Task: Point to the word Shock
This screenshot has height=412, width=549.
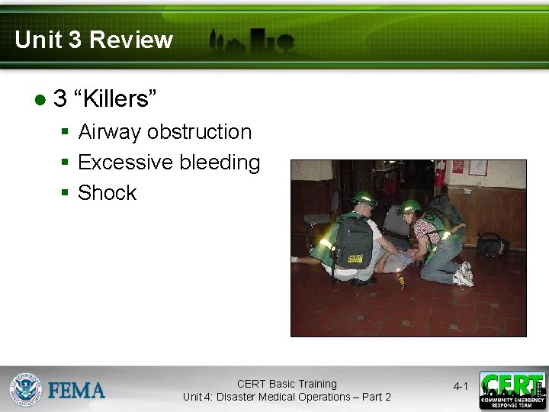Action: (x=107, y=193)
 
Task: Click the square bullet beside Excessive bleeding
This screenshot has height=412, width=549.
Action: (x=66, y=163)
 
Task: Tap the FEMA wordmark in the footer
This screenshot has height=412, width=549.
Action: (x=76, y=391)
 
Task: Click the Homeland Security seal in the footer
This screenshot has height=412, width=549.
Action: (x=25, y=389)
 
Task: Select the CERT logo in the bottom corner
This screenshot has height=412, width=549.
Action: (x=512, y=390)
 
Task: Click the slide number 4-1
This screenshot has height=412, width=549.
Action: (x=461, y=387)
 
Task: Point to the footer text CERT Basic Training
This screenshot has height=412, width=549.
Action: (x=287, y=384)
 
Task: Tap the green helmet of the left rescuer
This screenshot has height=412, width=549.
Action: (x=363, y=198)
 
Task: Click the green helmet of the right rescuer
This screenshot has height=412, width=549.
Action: (x=409, y=206)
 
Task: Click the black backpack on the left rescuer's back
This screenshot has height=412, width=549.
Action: (x=354, y=243)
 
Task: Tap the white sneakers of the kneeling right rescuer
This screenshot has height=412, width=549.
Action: (x=463, y=275)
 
